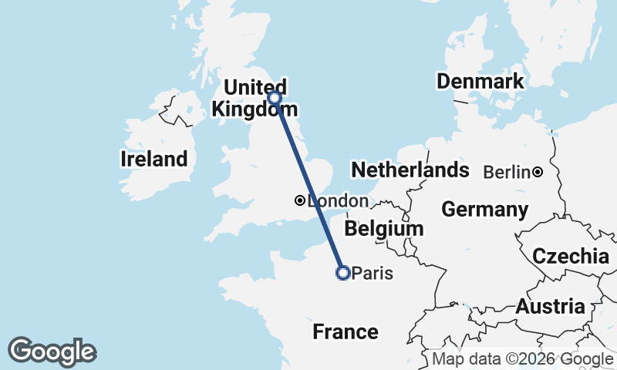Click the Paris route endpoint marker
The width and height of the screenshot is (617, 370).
(x=343, y=272)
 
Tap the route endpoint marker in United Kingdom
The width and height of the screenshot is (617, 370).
(x=275, y=97)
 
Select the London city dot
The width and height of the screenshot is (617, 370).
(x=299, y=200)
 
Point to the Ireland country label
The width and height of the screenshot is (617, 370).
(x=154, y=160)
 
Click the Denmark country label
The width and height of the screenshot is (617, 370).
(x=480, y=82)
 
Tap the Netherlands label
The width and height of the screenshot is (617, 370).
(x=410, y=170)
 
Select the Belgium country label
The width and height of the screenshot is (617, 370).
(x=384, y=229)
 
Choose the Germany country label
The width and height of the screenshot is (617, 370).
(x=485, y=210)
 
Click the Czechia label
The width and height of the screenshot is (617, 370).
(x=571, y=257)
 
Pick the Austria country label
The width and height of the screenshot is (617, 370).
(x=550, y=307)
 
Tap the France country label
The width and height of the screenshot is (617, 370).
(x=346, y=332)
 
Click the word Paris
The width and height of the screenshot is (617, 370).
(x=373, y=273)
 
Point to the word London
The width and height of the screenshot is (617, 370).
(x=338, y=201)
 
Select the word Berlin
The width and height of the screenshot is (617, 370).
(x=507, y=173)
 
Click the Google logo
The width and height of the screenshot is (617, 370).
(x=52, y=351)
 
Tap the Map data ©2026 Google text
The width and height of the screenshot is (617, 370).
(x=522, y=359)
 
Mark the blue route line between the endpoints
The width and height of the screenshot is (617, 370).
(x=308, y=184)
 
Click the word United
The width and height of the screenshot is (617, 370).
(x=255, y=86)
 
